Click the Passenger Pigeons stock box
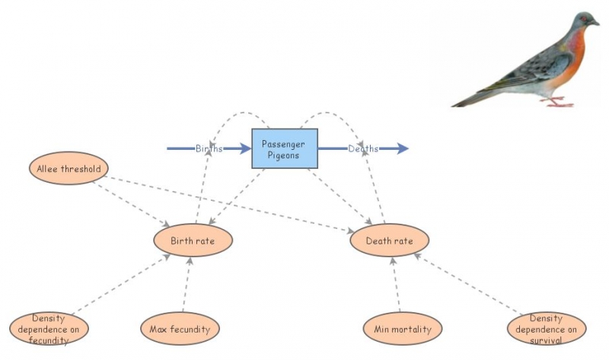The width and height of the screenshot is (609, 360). tap(285, 148)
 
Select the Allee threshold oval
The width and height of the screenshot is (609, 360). tap(69, 168)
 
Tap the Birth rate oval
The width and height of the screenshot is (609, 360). tap(193, 241)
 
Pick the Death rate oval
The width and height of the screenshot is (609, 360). tap(390, 241)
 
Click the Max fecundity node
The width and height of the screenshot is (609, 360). tap(180, 329)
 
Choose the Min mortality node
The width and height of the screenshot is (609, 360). tap(402, 329)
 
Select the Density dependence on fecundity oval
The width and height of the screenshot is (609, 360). tap(49, 329)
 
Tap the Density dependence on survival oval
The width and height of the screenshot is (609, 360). tap(547, 329)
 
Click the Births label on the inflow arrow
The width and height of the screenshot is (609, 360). tap(209, 148)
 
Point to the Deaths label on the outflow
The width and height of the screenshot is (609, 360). tap(363, 148)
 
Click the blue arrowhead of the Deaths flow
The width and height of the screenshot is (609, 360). tap(403, 148)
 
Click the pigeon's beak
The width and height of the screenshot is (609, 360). tap(597, 23)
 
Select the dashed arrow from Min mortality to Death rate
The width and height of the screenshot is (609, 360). tap(396, 285)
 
